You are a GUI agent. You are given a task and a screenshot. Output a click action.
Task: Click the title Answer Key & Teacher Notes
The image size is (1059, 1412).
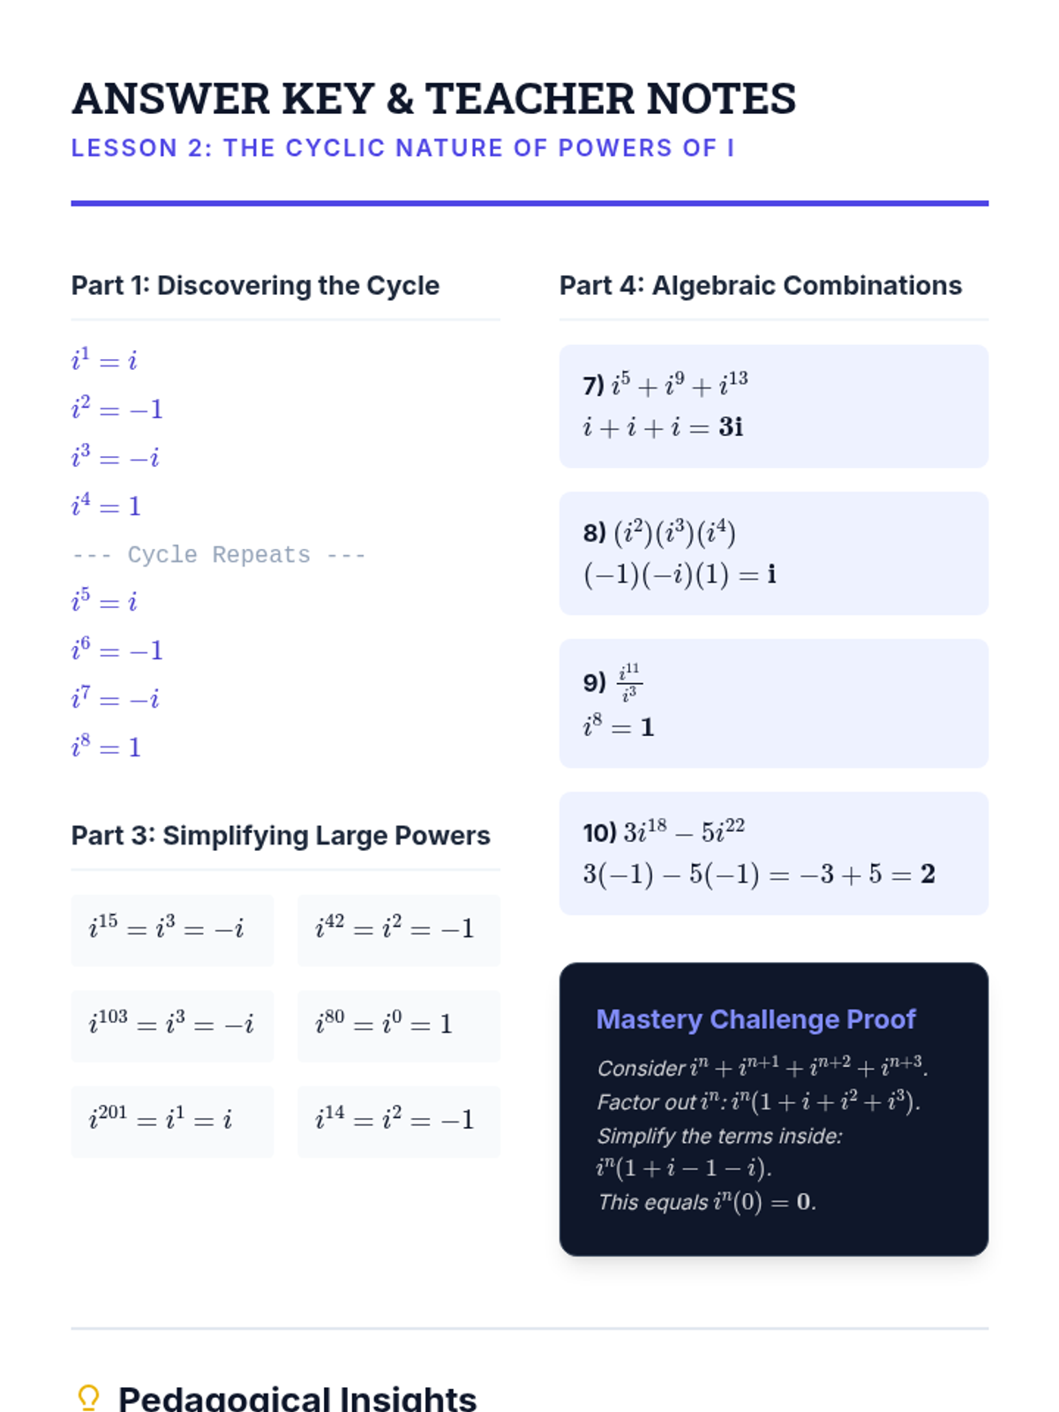click(433, 98)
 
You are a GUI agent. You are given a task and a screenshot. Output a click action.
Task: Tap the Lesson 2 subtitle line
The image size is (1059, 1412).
click(402, 148)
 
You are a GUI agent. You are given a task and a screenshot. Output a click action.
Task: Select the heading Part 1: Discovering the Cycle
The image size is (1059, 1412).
click(255, 286)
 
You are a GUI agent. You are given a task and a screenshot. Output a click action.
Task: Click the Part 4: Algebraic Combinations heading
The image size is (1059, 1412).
click(761, 286)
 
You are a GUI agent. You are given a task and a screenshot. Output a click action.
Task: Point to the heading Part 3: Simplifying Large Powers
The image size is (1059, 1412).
click(281, 836)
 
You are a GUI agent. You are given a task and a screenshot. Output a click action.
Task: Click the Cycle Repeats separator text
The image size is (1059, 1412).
click(219, 555)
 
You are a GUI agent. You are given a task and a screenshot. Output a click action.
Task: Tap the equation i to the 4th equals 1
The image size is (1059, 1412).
click(106, 506)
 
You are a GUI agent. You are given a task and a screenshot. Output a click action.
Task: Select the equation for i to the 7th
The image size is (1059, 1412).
click(115, 699)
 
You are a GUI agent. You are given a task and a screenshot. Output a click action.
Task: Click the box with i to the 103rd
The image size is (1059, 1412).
click(172, 1025)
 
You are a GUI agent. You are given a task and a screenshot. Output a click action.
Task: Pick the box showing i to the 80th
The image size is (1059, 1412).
click(399, 1025)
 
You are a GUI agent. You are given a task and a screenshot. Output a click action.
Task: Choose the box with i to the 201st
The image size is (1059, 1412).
click(172, 1121)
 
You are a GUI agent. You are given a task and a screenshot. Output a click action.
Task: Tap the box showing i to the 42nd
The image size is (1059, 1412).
click(399, 930)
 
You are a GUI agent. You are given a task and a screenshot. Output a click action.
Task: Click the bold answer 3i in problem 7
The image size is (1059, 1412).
click(731, 427)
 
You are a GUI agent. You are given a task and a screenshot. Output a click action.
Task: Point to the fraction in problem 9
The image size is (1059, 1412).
click(629, 682)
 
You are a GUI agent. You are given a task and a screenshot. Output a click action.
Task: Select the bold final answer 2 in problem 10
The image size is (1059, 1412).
click(928, 874)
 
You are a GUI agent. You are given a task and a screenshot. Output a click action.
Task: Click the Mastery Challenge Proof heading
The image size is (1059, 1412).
click(756, 1019)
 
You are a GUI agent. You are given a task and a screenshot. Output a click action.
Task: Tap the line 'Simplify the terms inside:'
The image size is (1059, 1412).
click(720, 1136)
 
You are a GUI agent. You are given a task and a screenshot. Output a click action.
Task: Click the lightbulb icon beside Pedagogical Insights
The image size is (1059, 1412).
click(88, 1398)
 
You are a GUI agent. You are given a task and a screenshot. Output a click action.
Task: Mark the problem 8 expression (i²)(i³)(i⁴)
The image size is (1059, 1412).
click(674, 533)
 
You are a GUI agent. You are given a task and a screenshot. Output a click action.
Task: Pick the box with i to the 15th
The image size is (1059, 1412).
click(172, 930)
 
